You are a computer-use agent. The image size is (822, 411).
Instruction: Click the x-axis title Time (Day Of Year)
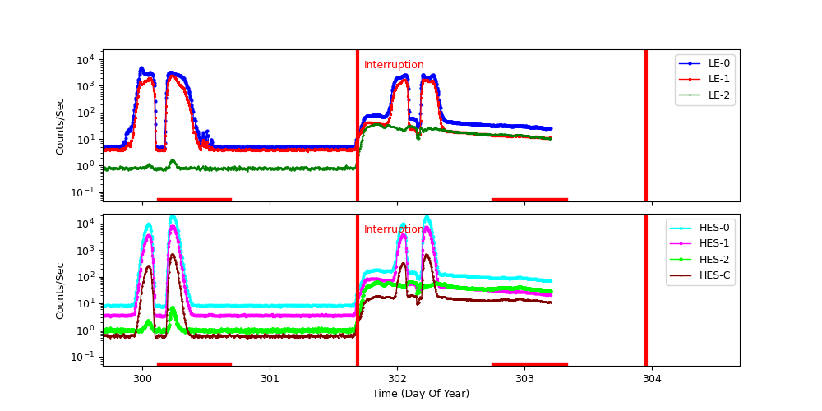[421, 394]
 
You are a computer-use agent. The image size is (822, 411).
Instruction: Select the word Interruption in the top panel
[394, 65]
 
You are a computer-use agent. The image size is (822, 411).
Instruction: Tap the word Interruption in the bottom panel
[394, 229]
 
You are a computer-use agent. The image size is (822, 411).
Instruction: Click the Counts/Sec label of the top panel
[60, 126]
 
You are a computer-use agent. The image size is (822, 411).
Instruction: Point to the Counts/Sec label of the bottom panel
[60, 290]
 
